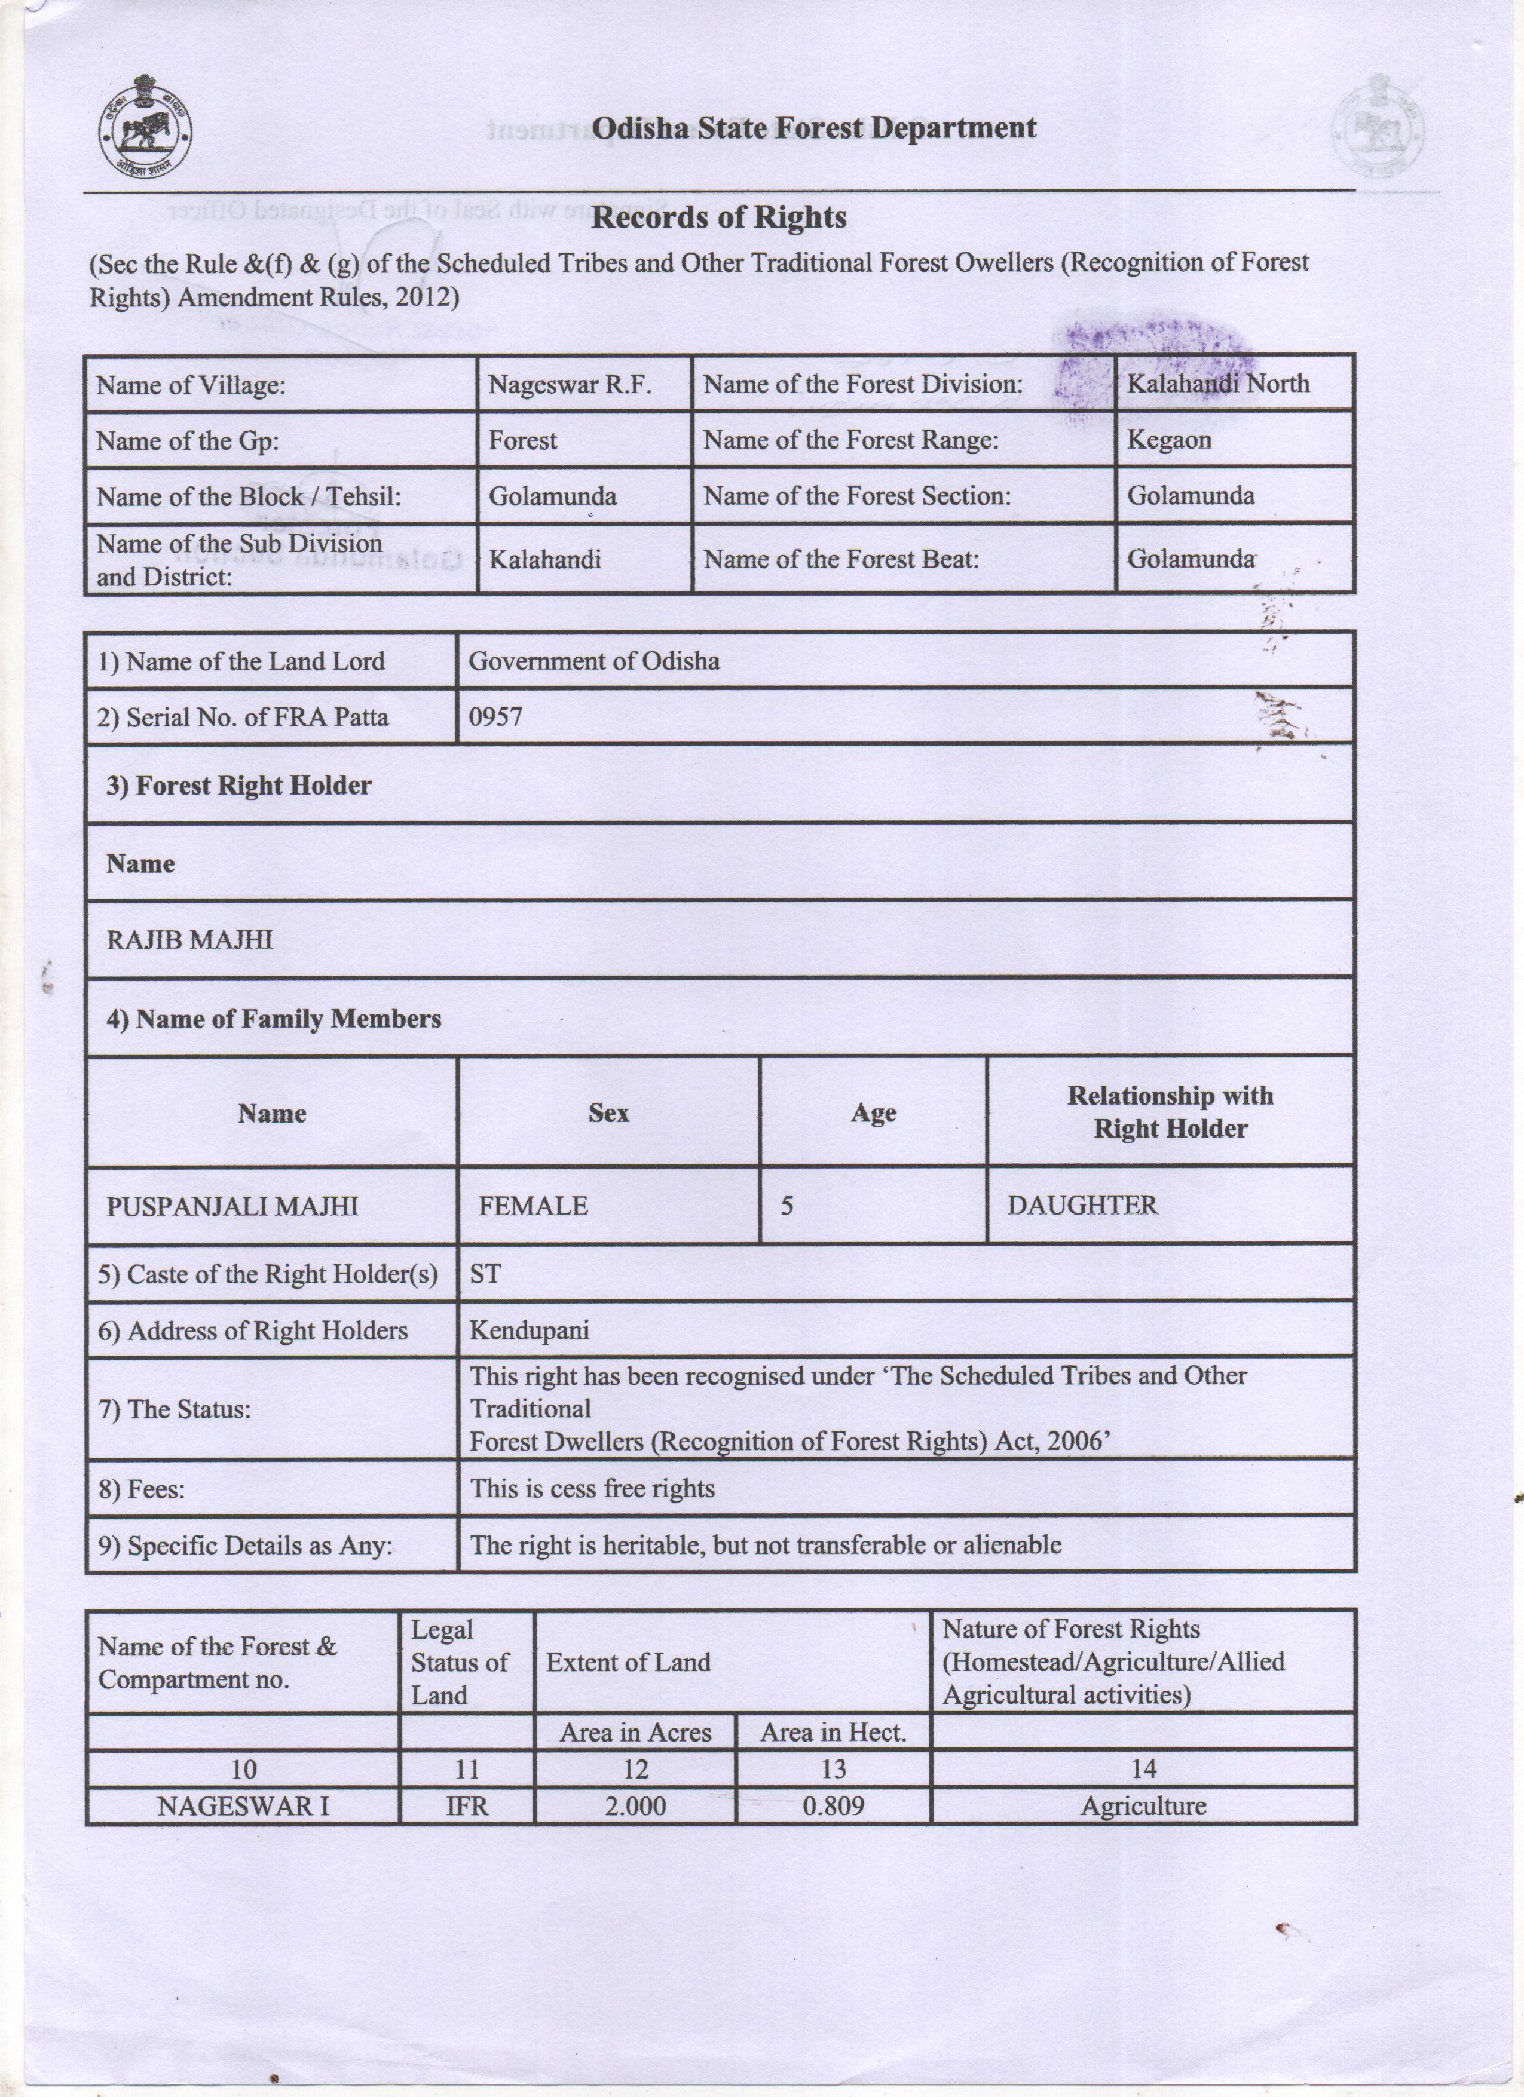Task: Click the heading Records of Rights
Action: (x=718, y=218)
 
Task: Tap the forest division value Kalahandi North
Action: (x=1218, y=384)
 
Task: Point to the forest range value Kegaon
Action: (x=1169, y=440)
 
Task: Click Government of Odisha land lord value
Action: (x=593, y=661)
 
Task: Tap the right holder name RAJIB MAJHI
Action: (x=189, y=940)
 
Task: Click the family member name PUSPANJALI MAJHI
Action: (x=232, y=1206)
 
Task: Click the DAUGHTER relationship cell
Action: (x=1082, y=1206)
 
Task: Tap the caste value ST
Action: (x=485, y=1274)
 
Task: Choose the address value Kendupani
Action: (x=529, y=1330)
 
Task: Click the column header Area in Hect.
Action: (x=833, y=1733)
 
